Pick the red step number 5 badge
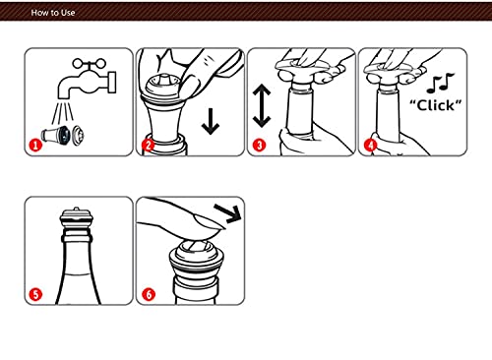[x=33, y=293]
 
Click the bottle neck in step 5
[x=79, y=251]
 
